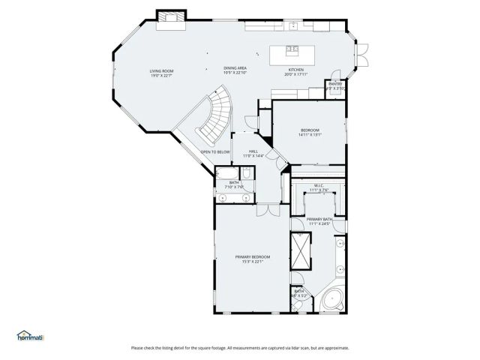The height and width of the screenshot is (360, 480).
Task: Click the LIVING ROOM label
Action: tap(161, 73)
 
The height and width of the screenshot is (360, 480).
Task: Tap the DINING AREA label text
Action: tap(235, 70)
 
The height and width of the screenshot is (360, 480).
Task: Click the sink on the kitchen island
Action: tap(292, 50)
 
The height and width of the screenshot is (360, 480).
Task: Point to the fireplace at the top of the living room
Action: tap(169, 17)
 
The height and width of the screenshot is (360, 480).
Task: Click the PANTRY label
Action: tap(334, 85)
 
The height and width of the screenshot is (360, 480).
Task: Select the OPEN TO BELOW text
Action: tap(214, 152)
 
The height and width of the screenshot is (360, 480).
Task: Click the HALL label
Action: tap(254, 153)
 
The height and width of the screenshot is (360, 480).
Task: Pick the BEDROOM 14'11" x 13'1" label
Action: tap(310, 132)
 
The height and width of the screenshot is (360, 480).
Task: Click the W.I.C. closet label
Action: tap(318, 187)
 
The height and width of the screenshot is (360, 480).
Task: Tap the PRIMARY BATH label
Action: tap(319, 221)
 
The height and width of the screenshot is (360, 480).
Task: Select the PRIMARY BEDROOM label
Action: tap(252, 259)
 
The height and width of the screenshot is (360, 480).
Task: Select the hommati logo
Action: tap(30, 336)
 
